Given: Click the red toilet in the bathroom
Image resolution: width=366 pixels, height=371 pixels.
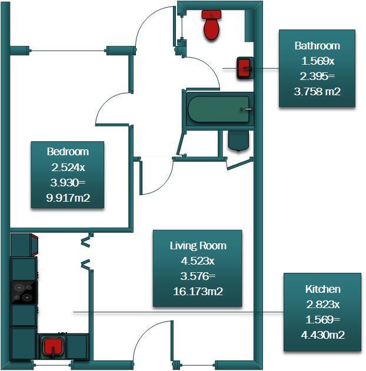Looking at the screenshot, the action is point(211,25).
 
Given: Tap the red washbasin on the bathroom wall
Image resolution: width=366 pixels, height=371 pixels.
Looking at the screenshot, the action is point(245,68).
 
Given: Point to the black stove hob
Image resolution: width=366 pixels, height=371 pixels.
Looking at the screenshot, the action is point(24,292).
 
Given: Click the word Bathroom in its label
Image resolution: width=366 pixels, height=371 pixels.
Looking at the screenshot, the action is point(317,46).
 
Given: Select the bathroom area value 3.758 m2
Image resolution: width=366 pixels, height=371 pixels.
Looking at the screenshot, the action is point(317,91).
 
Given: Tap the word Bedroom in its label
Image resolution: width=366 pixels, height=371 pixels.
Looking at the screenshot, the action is point(68,152).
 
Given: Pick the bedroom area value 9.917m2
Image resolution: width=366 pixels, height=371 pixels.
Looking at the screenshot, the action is point(68,198).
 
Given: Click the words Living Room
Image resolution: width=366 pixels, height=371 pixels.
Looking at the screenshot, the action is point(198,246).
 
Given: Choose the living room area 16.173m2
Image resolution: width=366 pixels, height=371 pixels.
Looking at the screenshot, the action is point(198,291).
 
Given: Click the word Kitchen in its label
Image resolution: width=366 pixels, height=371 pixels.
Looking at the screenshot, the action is point(323,289).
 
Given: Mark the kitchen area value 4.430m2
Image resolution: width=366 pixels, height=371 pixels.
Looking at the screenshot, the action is point(323,335).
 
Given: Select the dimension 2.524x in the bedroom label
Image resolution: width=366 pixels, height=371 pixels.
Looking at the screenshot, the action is point(68,168).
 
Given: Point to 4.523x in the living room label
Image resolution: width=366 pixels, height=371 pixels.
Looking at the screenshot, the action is point(198,261).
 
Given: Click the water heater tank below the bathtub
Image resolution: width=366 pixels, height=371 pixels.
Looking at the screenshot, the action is point(239,141).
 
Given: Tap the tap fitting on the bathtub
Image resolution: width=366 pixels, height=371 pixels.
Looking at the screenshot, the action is point(247,109).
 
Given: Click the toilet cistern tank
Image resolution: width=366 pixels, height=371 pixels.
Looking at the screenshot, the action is point(211,14).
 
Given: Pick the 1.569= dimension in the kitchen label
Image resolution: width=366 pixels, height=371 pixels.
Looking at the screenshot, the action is point(322,320).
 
